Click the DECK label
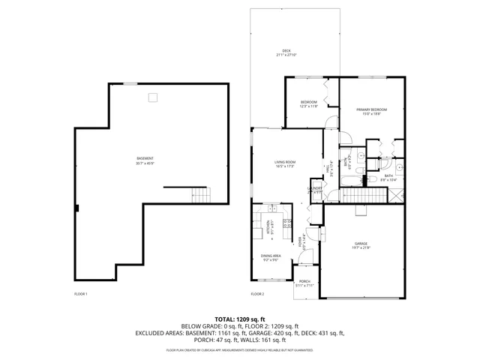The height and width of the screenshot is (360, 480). (x=286, y=51)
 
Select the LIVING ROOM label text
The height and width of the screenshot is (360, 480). (x=285, y=162)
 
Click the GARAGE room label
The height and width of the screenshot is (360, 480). (x=361, y=244)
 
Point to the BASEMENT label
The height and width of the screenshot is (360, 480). (x=145, y=158)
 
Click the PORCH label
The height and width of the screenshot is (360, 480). (x=304, y=281)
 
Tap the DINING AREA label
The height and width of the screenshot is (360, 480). (x=271, y=256)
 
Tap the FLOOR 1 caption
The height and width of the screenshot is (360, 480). (x=81, y=293)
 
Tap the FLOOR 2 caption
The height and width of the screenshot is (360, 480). (x=258, y=293)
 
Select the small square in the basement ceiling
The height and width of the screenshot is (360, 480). (x=152, y=96)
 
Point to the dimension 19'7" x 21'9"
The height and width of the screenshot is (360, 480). (x=361, y=249)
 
